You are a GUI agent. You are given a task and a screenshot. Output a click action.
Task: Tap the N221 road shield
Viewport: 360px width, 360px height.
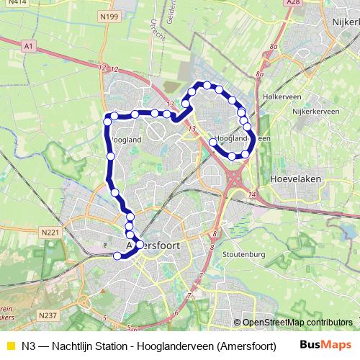50,232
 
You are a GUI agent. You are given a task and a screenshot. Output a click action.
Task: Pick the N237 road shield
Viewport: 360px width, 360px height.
48,315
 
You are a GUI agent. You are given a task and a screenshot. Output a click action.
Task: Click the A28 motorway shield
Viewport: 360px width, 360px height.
292,3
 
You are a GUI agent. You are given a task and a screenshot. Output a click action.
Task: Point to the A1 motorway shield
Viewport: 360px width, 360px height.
29,45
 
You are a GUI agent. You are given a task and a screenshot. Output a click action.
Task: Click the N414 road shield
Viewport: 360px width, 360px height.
18,3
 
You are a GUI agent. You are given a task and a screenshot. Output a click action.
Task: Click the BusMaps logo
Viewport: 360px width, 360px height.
326,345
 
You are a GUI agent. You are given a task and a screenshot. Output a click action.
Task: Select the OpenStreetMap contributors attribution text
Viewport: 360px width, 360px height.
297,322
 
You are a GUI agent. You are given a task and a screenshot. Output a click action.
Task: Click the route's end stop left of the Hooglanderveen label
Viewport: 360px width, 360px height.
212,143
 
